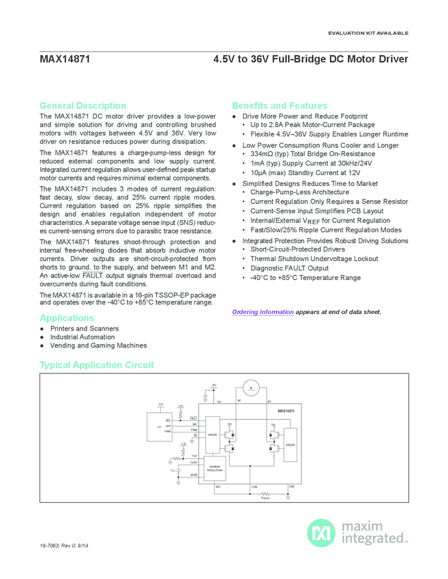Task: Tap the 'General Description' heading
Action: point(83,106)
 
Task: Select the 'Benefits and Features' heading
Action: point(280,106)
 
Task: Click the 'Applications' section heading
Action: point(67,318)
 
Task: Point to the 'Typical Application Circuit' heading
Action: point(97,365)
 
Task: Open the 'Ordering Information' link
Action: point(263,312)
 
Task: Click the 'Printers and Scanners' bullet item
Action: point(84,328)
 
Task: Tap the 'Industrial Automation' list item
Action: point(83,337)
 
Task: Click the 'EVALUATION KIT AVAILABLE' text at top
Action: point(368,33)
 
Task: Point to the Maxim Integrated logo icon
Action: point(319,532)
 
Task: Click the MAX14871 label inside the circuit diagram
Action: point(286,411)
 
